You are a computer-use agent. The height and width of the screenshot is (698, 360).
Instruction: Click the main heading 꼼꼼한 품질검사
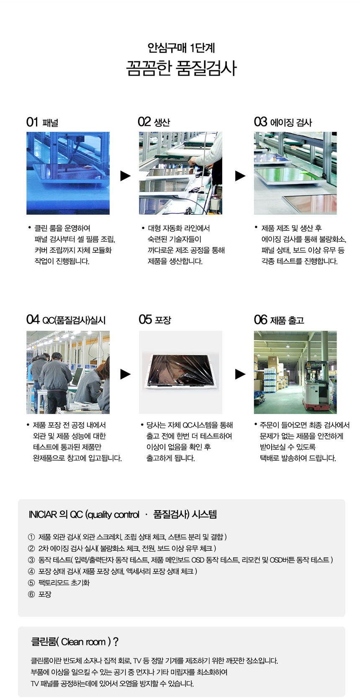tap(181, 68)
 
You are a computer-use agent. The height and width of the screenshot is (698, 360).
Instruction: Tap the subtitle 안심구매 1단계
tap(181, 48)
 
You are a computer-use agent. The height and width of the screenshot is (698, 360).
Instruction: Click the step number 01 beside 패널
tap(32, 122)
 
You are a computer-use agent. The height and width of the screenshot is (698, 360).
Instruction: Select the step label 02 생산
tap(154, 122)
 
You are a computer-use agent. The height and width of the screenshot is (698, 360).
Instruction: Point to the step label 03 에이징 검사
tap(283, 122)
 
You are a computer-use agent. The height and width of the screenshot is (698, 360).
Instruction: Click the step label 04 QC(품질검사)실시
tap(66, 320)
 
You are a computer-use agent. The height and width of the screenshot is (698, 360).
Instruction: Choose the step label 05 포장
tap(155, 320)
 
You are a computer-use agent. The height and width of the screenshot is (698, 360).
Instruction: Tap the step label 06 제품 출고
tap(279, 320)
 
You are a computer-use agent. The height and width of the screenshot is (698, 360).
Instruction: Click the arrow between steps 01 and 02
tap(125, 176)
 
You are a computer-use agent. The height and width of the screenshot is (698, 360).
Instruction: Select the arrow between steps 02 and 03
tap(240, 176)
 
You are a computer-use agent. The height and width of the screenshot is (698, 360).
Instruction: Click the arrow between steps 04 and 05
tap(125, 374)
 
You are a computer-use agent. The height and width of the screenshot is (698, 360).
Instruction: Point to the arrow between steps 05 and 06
tap(240, 374)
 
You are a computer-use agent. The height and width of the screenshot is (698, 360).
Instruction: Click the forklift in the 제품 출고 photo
tap(316, 387)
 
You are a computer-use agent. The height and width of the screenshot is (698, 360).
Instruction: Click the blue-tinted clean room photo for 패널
tap(68, 173)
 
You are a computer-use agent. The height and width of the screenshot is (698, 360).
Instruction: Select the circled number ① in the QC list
tap(31, 537)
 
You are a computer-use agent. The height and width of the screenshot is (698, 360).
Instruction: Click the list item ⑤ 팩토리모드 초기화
tap(64, 583)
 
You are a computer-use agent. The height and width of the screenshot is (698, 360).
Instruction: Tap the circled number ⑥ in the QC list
tap(31, 594)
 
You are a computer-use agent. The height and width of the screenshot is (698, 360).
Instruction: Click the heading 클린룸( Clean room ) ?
tap(75, 642)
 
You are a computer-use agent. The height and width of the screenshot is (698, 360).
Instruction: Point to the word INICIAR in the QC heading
tap(43, 514)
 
